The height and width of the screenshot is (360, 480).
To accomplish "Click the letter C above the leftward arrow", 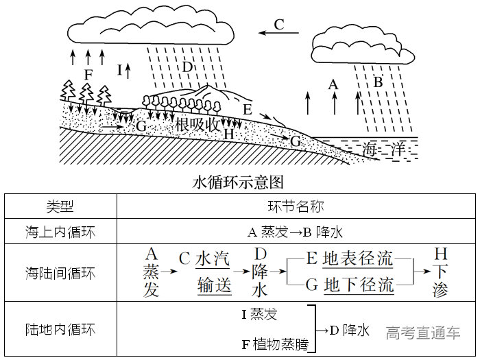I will [279, 24].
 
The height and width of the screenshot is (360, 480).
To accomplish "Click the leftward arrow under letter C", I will [279, 32].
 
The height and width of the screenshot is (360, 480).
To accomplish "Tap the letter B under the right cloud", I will [377, 82].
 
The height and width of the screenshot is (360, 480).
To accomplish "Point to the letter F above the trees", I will [88, 73].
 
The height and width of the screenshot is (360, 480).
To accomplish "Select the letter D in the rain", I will [187, 67].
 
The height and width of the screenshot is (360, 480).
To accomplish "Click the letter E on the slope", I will [247, 109].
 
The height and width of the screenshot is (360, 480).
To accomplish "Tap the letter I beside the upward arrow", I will [120, 69].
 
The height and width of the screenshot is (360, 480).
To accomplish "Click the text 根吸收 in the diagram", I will [197, 125].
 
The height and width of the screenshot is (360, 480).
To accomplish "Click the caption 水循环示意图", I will [239, 182].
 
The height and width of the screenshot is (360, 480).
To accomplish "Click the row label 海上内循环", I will [60, 232].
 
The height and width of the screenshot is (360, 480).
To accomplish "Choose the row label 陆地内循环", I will [60, 330].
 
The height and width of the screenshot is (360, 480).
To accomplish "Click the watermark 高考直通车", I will [422, 333].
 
